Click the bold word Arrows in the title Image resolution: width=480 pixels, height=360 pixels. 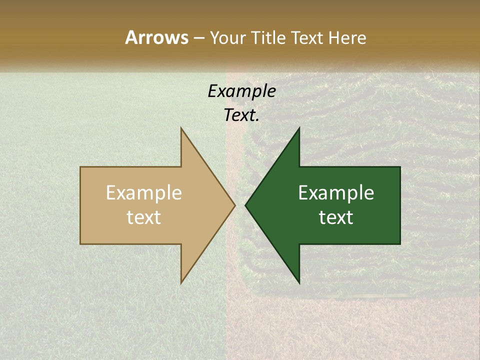click(156, 37)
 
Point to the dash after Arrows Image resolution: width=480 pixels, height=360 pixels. click(198, 38)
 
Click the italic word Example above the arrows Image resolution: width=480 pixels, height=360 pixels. click(241, 91)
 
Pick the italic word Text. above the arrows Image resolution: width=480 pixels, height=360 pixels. click(241, 115)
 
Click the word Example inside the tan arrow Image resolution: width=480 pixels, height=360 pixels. click(143, 192)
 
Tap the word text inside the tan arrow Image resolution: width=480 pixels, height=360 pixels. click(143, 217)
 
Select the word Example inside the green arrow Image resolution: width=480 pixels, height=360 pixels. click(336, 192)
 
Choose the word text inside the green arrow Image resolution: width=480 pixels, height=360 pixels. click(336, 217)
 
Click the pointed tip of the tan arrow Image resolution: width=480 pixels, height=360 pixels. click(234, 205)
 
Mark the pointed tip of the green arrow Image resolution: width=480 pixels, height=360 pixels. click(245, 205)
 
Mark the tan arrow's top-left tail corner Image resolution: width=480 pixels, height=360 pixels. click(81, 167)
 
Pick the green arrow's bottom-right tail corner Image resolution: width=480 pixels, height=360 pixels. click(399, 243)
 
